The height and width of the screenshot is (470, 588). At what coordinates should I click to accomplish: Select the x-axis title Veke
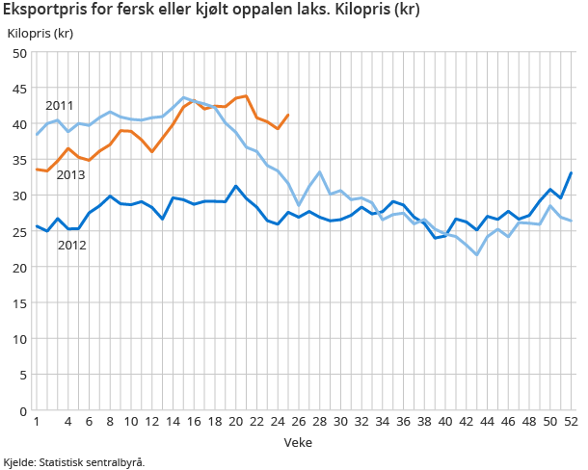click(297, 441)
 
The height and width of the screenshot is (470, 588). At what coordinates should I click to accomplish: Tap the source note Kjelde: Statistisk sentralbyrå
click(74, 462)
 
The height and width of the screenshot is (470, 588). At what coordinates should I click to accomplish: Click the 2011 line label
click(60, 105)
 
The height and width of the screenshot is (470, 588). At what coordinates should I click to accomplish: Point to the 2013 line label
click(70, 174)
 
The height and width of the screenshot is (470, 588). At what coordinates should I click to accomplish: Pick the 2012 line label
click(72, 246)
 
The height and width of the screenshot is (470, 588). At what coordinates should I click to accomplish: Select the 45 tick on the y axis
click(19, 89)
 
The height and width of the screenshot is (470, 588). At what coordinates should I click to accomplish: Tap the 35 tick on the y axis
click(19, 160)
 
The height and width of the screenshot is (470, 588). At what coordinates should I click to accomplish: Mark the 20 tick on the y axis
click(19, 268)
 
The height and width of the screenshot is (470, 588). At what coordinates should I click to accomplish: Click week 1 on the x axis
click(36, 423)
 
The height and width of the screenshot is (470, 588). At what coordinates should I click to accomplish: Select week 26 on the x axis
click(299, 423)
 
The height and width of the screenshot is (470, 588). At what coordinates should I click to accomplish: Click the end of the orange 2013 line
click(288, 115)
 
